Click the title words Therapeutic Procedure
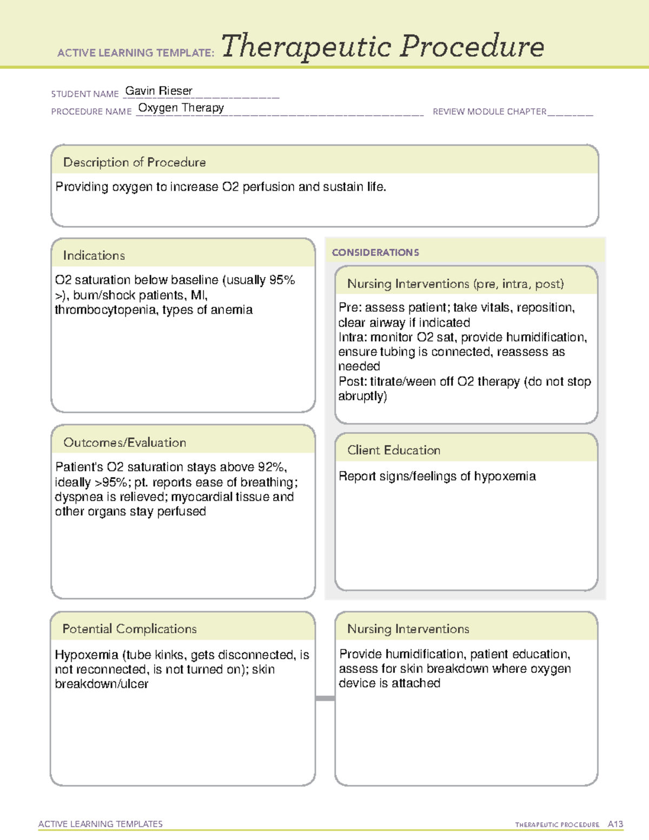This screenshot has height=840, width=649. point(382,47)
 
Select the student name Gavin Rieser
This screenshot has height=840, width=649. point(158,91)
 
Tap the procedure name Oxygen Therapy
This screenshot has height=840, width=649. point(181,108)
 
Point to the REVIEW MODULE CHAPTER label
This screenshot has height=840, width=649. point(489,111)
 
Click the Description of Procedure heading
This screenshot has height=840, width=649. point(134,162)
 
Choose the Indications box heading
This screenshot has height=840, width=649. point(94,255)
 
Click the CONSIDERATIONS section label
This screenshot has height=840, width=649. point(375,253)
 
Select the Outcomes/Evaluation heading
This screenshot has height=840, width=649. point(124,442)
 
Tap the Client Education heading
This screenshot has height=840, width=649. point(393,450)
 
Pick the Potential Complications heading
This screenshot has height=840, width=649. point(129,629)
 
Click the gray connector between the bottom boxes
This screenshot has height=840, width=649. point(325,698)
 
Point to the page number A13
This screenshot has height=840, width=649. point(615,824)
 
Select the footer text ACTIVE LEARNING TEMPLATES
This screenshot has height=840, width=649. point(100,824)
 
